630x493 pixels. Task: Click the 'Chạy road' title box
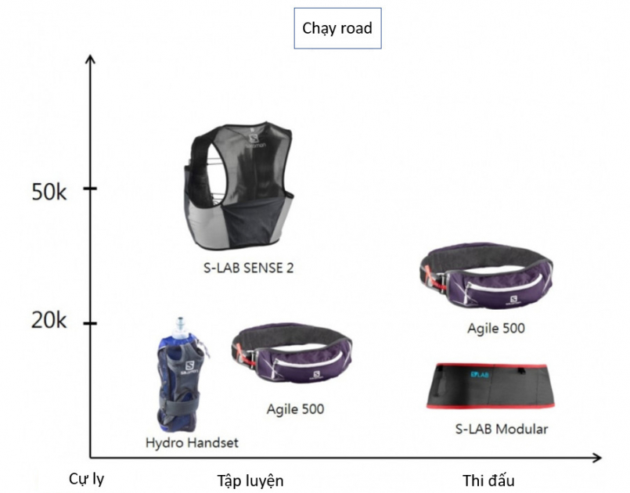(x=337, y=29)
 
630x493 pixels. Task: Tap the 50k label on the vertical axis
(x=49, y=191)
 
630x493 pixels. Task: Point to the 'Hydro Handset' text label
(x=192, y=442)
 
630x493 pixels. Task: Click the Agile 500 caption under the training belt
(x=295, y=408)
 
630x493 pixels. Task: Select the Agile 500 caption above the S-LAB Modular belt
(x=495, y=328)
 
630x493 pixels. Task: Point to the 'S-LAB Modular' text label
(x=501, y=429)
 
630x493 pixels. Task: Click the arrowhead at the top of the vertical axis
(x=91, y=61)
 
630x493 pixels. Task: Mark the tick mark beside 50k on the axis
(x=91, y=189)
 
